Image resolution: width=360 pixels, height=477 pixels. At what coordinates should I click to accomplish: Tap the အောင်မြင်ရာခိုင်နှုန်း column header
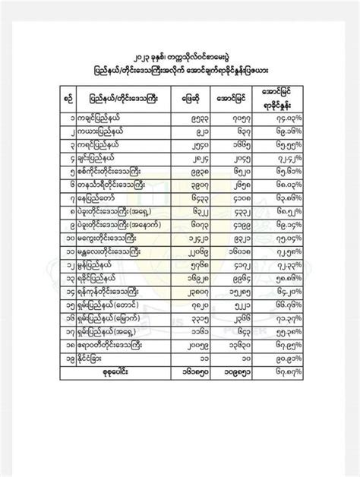tap(275, 99)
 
